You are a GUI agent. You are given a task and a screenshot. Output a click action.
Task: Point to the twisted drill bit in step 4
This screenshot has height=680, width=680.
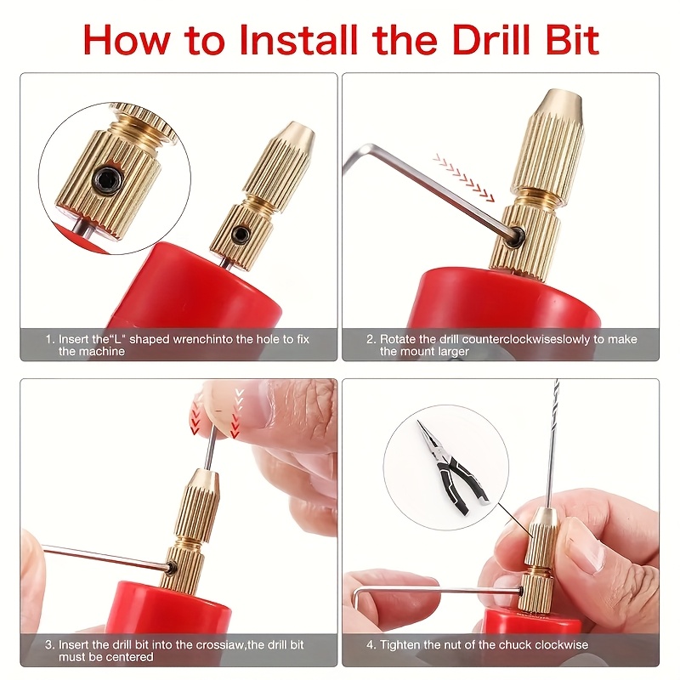[554, 442]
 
